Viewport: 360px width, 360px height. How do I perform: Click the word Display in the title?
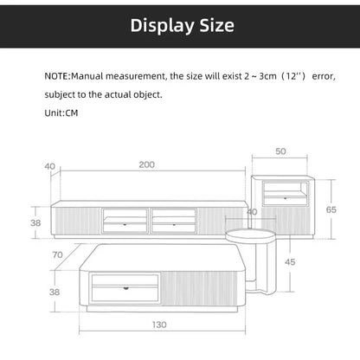pos(157,25)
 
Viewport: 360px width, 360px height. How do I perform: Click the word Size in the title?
pos(213,25)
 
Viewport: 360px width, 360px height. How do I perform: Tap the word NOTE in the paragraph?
pos(61,77)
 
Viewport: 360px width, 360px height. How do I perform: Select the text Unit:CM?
pos(65,113)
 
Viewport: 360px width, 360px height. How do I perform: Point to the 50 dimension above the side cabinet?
pos(281,151)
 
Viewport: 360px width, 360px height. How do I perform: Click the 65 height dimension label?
pos(331,209)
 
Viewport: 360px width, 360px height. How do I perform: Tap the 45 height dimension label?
pos(291,262)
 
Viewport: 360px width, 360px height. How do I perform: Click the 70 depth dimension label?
pos(57,255)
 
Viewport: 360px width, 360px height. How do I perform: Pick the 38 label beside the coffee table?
pos(55,292)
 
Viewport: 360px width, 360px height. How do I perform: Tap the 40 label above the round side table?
pos(252,211)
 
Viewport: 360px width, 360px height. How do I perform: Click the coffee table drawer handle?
pos(125,286)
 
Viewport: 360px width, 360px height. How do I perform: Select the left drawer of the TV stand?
pos(125,221)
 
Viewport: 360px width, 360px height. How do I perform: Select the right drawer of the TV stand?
pos(173,221)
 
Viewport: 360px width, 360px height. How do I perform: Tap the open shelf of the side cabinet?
pos(285,189)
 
